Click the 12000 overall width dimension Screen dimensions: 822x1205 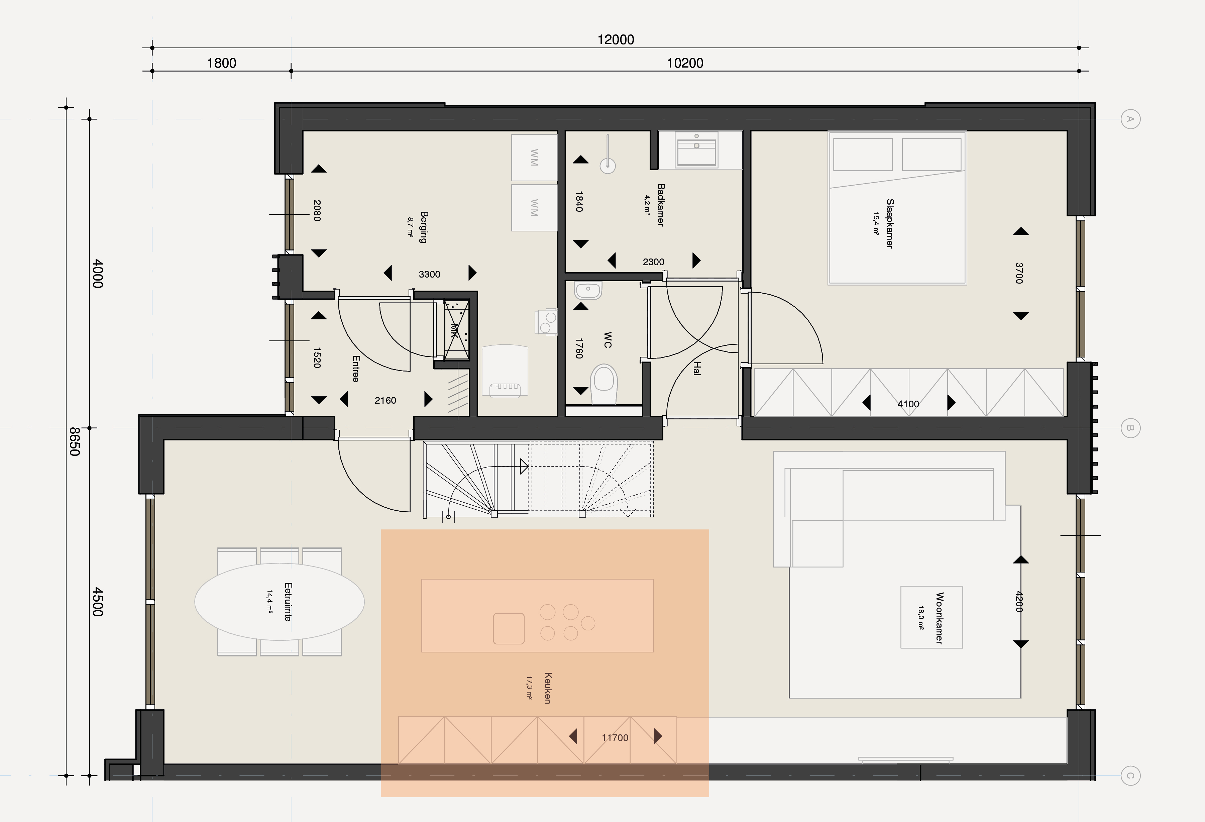[616, 40]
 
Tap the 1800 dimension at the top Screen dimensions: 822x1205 [221, 63]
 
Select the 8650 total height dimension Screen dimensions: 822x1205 [75, 441]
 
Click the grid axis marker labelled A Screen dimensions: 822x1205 [1130, 119]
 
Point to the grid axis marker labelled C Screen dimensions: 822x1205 [1130, 776]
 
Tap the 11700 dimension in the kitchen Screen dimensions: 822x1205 [615, 737]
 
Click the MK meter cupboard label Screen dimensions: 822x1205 [454, 330]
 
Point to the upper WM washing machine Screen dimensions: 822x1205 [534, 158]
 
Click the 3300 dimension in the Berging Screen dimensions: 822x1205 [429, 274]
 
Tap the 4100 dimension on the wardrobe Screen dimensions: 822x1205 [908, 404]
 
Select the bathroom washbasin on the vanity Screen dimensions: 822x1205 [696, 149]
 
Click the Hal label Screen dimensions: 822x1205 [697, 369]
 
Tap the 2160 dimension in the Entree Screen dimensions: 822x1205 [385, 400]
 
